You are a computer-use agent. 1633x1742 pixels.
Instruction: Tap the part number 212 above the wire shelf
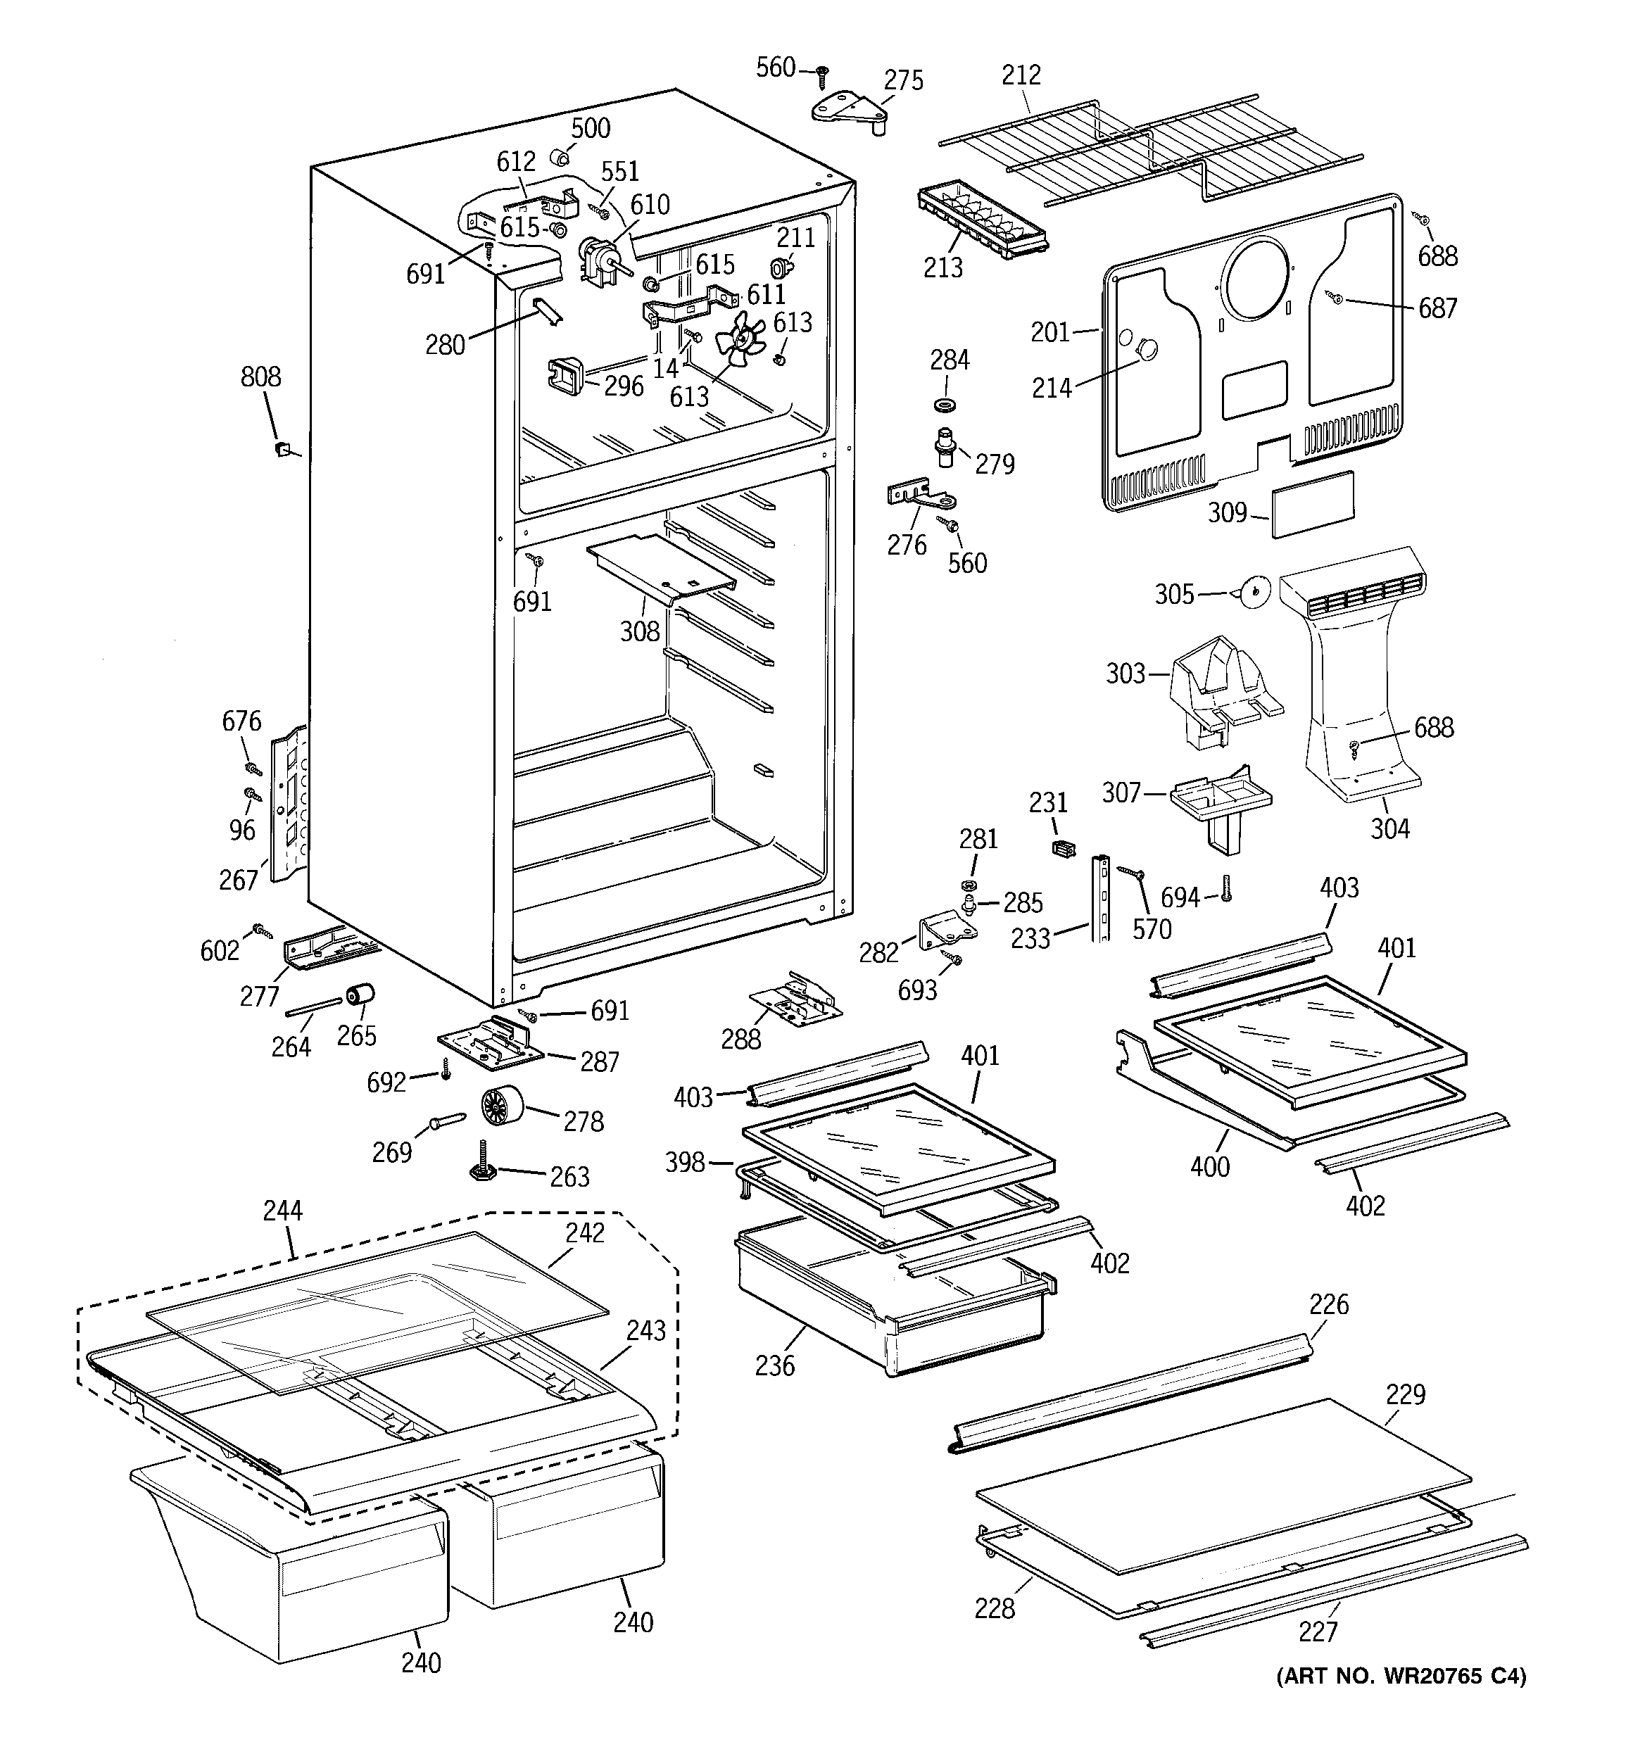(x=1021, y=75)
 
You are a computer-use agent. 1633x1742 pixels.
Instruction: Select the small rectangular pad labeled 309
(x=1312, y=505)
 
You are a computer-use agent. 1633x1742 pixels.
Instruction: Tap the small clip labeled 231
(x=1062, y=847)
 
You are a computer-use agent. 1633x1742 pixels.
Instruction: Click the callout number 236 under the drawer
(x=775, y=1365)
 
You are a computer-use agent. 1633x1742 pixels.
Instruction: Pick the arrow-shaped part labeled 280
(x=548, y=310)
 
